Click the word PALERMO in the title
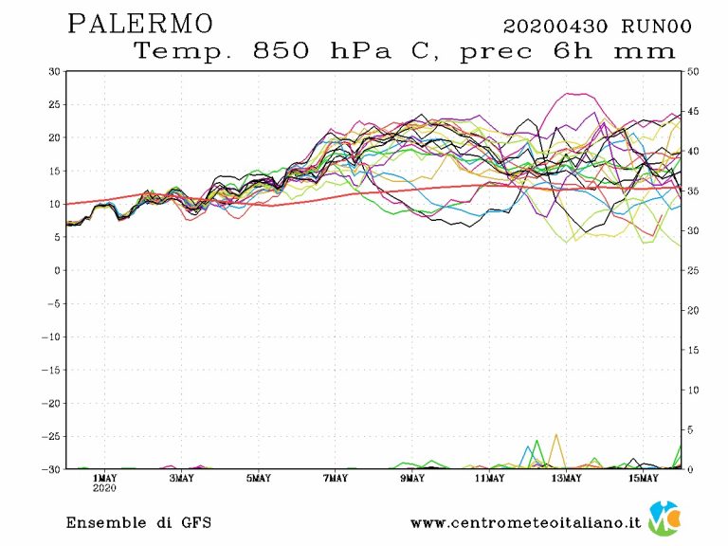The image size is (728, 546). pos(141,23)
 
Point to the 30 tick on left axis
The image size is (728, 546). pos(55,71)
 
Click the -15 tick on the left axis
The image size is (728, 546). pos(51,370)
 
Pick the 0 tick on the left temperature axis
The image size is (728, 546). pos(57,270)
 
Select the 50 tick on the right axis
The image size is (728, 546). pos(694,71)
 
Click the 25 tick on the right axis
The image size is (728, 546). pos(694,270)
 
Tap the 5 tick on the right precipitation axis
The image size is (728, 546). pos(691,429)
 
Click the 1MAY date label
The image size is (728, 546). pos(104,478)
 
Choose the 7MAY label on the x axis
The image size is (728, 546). pos(335,478)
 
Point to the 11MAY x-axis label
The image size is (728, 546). pos(488,478)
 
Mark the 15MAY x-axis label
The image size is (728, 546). pos(643,478)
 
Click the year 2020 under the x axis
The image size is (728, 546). pos(104,489)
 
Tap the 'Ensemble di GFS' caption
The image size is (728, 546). pos(138,523)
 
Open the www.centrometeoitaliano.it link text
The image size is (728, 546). pos(525,523)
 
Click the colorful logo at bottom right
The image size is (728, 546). pos(666,519)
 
